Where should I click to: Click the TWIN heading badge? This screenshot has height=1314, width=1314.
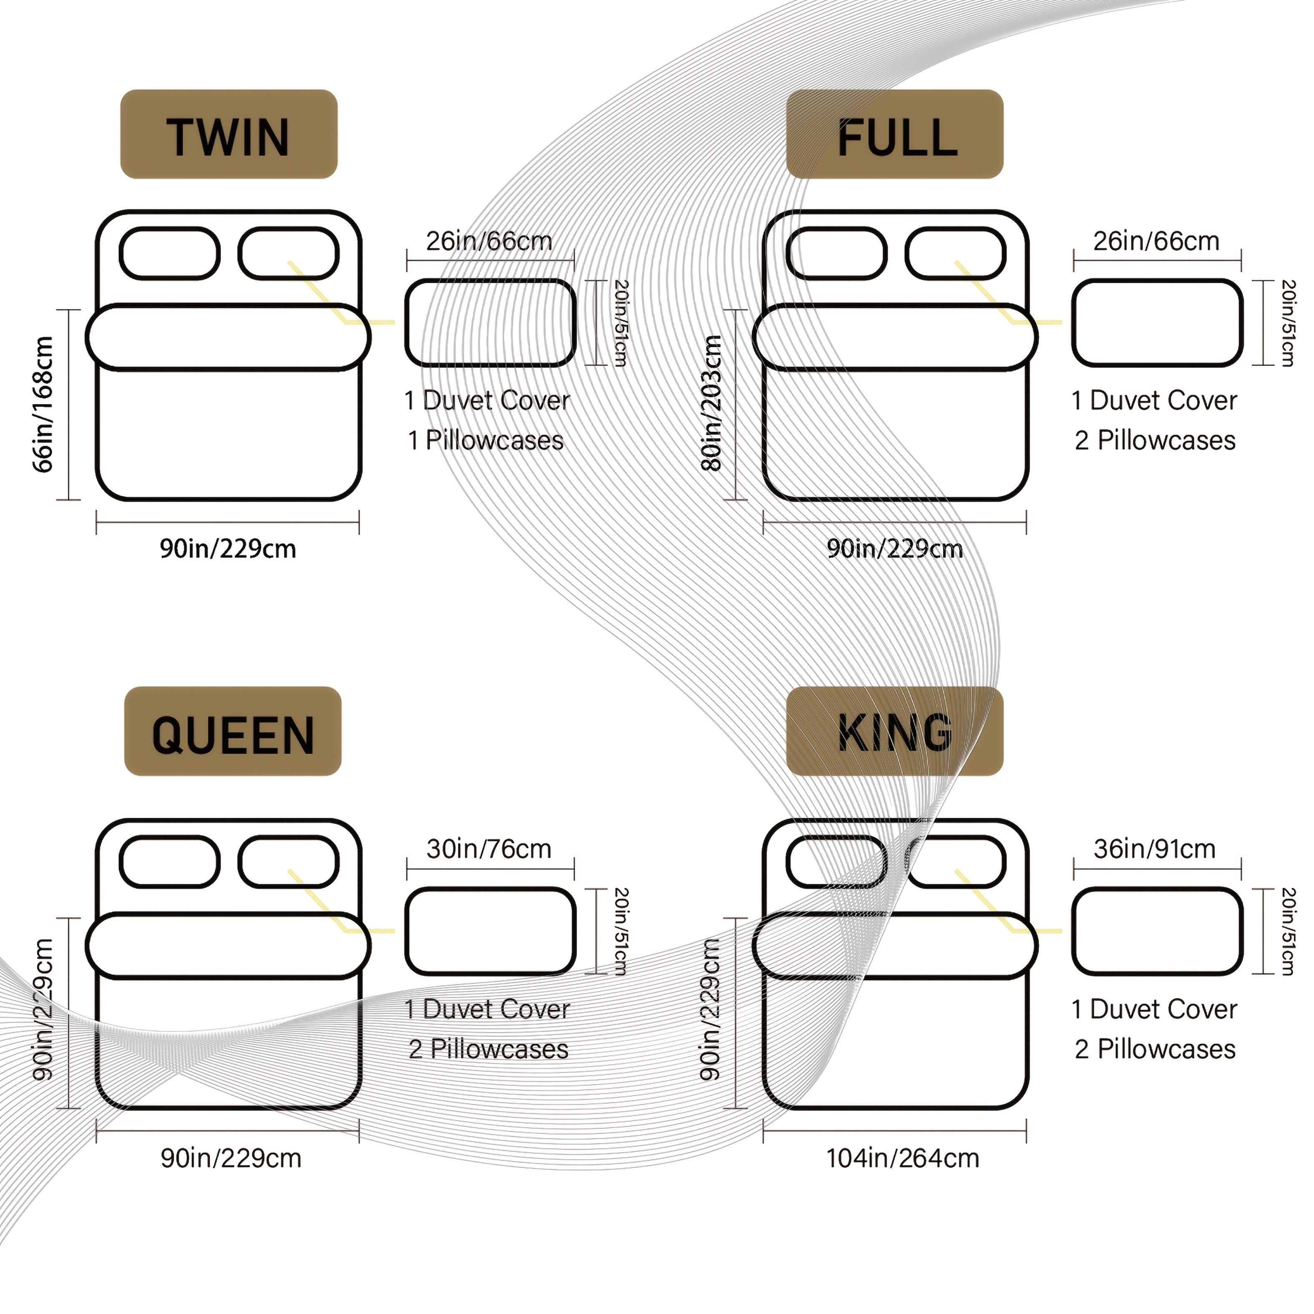[x=229, y=135]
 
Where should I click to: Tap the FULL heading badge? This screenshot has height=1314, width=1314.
[x=894, y=135]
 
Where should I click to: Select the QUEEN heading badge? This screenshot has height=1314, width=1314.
[x=233, y=732]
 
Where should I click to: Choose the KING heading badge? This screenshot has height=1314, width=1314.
[x=894, y=732]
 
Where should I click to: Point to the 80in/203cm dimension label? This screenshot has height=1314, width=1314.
[x=711, y=403]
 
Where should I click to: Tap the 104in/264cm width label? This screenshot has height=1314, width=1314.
[x=903, y=1158]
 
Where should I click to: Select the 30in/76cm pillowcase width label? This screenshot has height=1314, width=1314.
[x=489, y=849]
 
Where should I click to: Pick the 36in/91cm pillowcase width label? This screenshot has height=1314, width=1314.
[x=1155, y=849]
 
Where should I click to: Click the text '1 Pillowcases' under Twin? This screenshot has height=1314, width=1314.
[x=486, y=441]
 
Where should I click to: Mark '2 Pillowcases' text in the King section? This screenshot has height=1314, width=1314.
[x=1155, y=1050]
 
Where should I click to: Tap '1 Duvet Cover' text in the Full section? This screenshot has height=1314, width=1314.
[x=1154, y=400]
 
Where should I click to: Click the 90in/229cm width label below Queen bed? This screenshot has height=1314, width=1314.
[x=231, y=1158]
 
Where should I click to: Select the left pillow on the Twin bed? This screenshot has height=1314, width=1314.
[x=169, y=254]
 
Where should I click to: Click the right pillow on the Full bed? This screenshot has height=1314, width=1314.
[x=956, y=254]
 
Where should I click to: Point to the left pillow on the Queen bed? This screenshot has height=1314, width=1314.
[x=169, y=862]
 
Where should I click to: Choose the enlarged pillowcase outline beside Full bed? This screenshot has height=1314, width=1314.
[x=1157, y=323]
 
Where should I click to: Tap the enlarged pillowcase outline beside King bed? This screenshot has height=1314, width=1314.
[x=1157, y=931]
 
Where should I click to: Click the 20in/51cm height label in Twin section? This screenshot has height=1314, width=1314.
[x=620, y=323]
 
